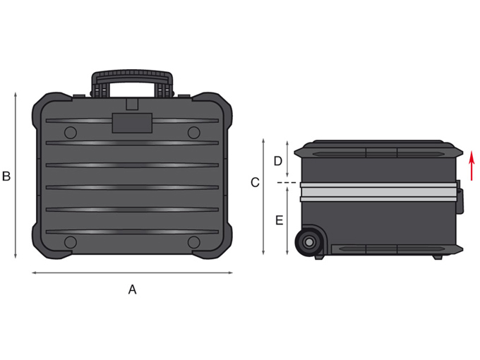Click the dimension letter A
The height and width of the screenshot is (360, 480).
tap(132, 289)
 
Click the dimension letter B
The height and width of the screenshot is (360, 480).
tap(6, 176)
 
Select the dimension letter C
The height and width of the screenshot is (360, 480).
tap(255, 182)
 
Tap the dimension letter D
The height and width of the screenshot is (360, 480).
tap(278, 161)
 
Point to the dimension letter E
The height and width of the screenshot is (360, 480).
tap(280, 220)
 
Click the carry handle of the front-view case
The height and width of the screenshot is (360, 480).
tap(132, 83)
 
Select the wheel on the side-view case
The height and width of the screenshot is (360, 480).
tap(309, 242)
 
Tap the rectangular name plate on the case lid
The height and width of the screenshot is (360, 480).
tap(132, 123)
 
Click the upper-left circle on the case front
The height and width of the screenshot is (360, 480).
tap(71, 133)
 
